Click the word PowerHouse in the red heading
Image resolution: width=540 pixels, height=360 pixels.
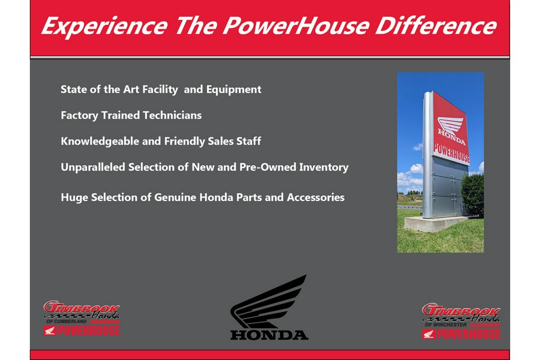(288, 26)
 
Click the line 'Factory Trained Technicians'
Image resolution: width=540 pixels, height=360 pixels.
(131, 115)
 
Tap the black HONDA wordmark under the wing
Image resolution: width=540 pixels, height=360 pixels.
(269, 334)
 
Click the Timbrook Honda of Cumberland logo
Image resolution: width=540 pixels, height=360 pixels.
(82, 318)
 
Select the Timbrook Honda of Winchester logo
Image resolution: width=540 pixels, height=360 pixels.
(461, 321)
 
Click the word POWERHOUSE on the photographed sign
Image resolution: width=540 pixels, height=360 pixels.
(451, 154)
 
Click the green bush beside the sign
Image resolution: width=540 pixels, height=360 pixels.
(473, 195)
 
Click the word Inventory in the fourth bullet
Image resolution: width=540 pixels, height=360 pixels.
(323, 167)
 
